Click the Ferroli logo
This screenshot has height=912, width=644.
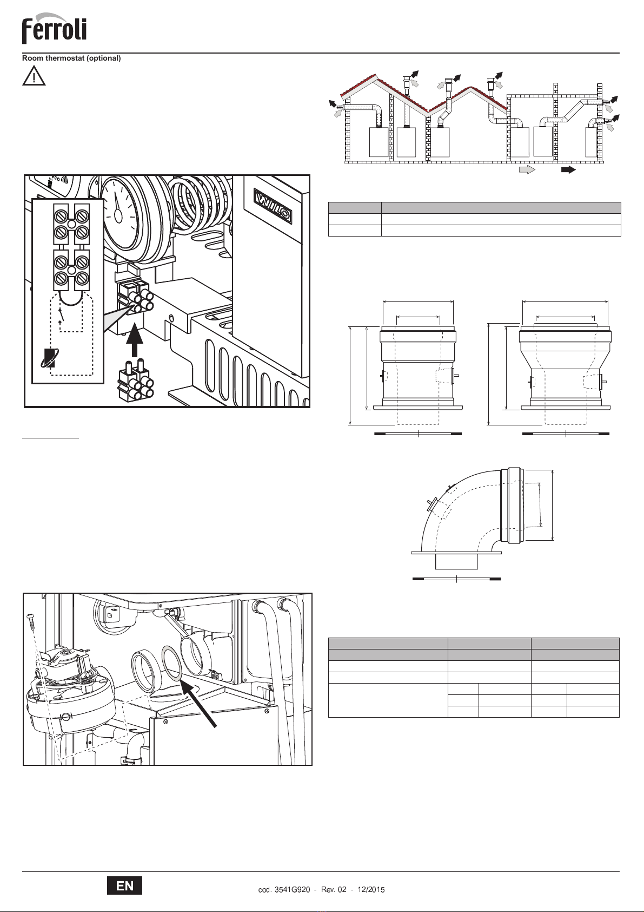pyautogui.click(x=54, y=29)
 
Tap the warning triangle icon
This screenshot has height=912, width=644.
pyautogui.click(x=34, y=76)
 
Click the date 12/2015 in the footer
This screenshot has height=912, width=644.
pyautogui.click(x=371, y=890)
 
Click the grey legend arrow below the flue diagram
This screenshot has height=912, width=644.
pyautogui.click(x=527, y=170)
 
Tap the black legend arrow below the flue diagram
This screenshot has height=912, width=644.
pyautogui.click(x=569, y=170)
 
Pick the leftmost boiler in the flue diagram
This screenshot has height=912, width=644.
pyautogui.click(x=379, y=142)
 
